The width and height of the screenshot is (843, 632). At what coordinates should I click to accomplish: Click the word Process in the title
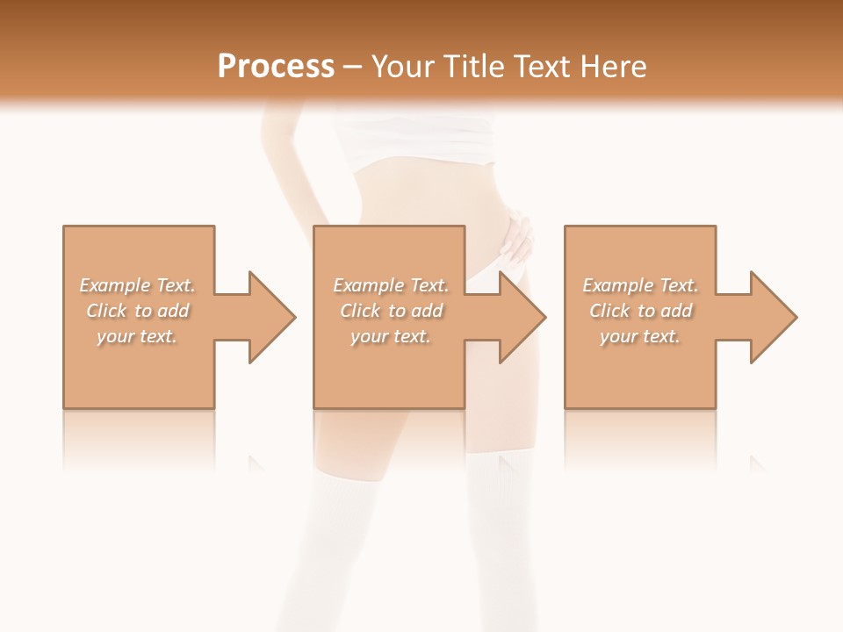(x=276, y=67)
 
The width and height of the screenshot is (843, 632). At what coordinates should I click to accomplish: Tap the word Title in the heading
(x=472, y=67)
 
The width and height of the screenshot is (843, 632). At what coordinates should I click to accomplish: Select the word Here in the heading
(x=616, y=67)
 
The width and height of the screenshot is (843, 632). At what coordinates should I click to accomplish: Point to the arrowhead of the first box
(x=271, y=317)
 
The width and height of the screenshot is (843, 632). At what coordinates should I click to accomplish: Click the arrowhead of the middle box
(x=522, y=317)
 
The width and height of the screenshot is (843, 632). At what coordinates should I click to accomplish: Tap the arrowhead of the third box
(x=773, y=317)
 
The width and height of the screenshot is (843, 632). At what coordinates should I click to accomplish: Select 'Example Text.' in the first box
(x=137, y=285)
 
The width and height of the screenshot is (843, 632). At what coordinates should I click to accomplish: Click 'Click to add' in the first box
(x=137, y=311)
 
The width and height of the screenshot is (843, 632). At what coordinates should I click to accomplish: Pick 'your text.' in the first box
(x=137, y=336)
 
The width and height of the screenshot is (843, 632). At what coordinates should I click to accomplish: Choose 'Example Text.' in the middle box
(x=391, y=285)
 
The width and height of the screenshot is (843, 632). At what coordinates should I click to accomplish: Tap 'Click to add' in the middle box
(x=391, y=311)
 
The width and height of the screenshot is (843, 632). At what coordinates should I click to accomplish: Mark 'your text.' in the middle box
(x=391, y=336)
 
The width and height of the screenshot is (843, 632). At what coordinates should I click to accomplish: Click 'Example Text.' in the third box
(x=640, y=285)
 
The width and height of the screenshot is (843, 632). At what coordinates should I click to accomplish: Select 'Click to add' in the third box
(x=640, y=311)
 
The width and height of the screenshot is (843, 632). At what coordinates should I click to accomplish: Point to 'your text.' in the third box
(x=640, y=336)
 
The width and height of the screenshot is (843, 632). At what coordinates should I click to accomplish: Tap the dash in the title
(x=352, y=67)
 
